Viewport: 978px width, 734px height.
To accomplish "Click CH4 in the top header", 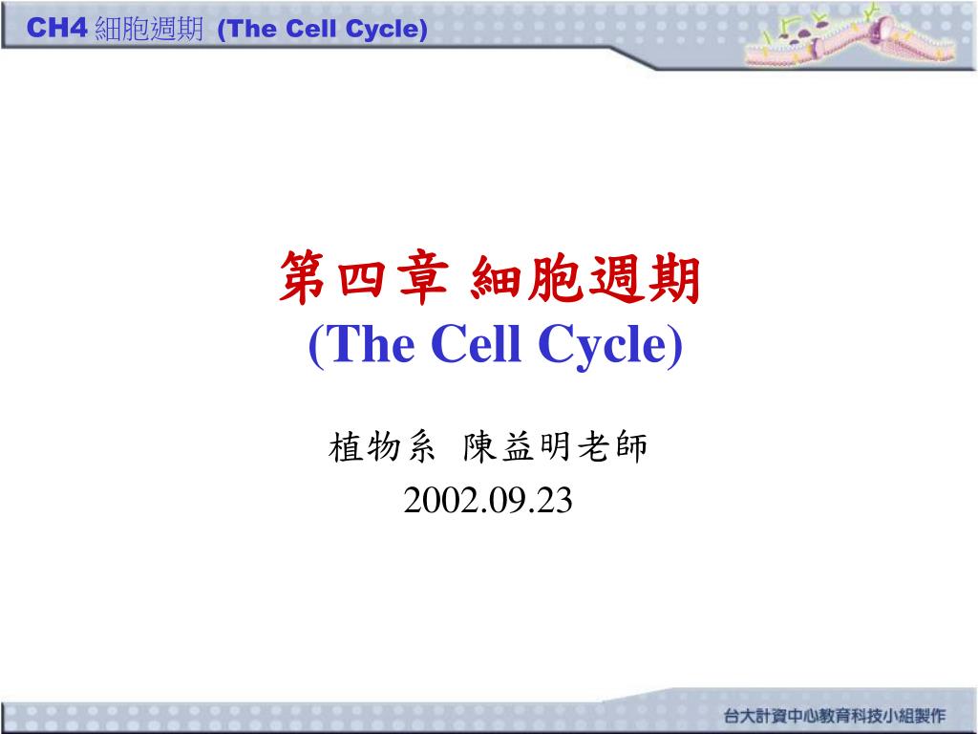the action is click(56, 28).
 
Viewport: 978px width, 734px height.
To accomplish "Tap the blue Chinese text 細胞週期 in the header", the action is click(149, 29).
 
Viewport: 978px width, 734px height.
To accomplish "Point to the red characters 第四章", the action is click(364, 278).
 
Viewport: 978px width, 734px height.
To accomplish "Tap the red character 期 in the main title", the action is click(674, 279).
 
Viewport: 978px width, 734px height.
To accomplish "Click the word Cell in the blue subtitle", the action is click(476, 343).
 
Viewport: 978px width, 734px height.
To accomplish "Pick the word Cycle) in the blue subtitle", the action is click(610, 345).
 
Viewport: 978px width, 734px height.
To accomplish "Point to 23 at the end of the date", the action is click(555, 501).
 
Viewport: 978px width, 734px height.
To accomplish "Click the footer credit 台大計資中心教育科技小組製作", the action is click(835, 715).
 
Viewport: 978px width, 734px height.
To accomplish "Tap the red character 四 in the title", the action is click(362, 279).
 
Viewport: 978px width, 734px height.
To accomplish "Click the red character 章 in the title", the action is click(423, 279).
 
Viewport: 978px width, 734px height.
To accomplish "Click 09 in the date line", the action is click(504, 501).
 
